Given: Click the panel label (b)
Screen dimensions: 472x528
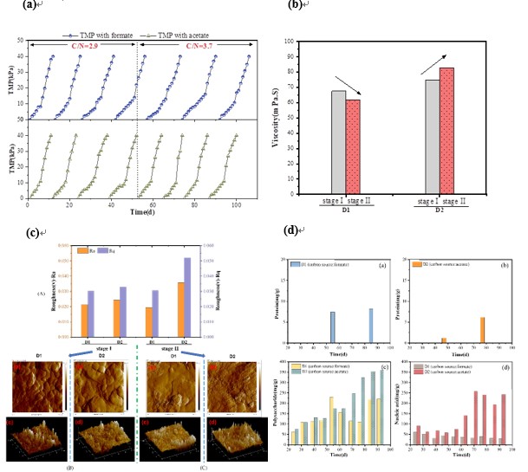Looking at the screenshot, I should (x=293, y=6).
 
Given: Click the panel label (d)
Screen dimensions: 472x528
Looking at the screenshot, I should (x=293, y=230).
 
